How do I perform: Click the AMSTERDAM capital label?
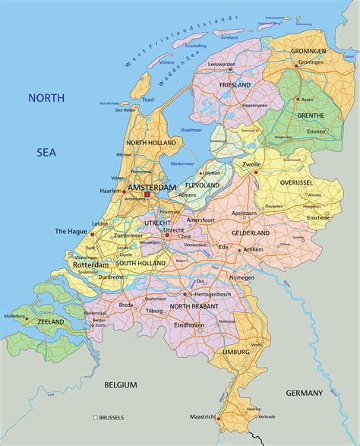click(152, 187)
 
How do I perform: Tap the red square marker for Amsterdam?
click(147, 195)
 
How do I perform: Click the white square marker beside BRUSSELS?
click(96, 418)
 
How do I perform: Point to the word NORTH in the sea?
click(47, 98)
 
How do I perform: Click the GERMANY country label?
click(305, 393)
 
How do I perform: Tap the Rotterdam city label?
click(91, 265)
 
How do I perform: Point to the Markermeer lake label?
click(183, 163)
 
